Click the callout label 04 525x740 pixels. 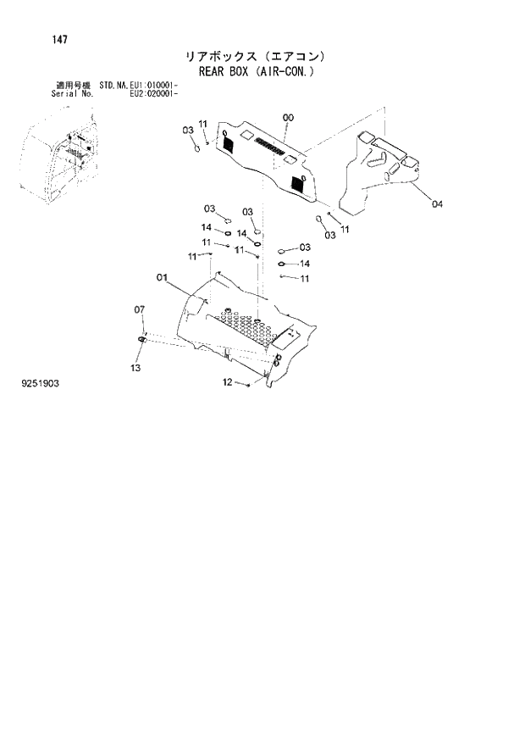[436, 203]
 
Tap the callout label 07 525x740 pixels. [140, 310]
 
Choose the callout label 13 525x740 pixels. [135, 368]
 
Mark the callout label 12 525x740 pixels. [227, 383]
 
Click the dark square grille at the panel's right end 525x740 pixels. [298, 183]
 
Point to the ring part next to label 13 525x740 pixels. [141, 341]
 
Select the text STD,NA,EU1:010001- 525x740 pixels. [138, 86]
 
